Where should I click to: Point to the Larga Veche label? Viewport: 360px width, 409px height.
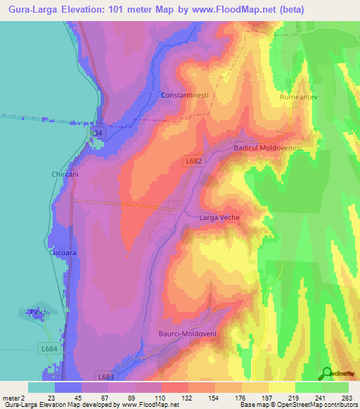pos(220,217)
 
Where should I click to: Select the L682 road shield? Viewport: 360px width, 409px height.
pos(195,161)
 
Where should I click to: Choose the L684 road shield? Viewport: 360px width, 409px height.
pos(49,349)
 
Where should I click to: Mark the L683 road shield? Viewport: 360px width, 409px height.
pos(106,377)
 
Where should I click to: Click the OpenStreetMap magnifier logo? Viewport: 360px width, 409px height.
pos(327,373)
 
